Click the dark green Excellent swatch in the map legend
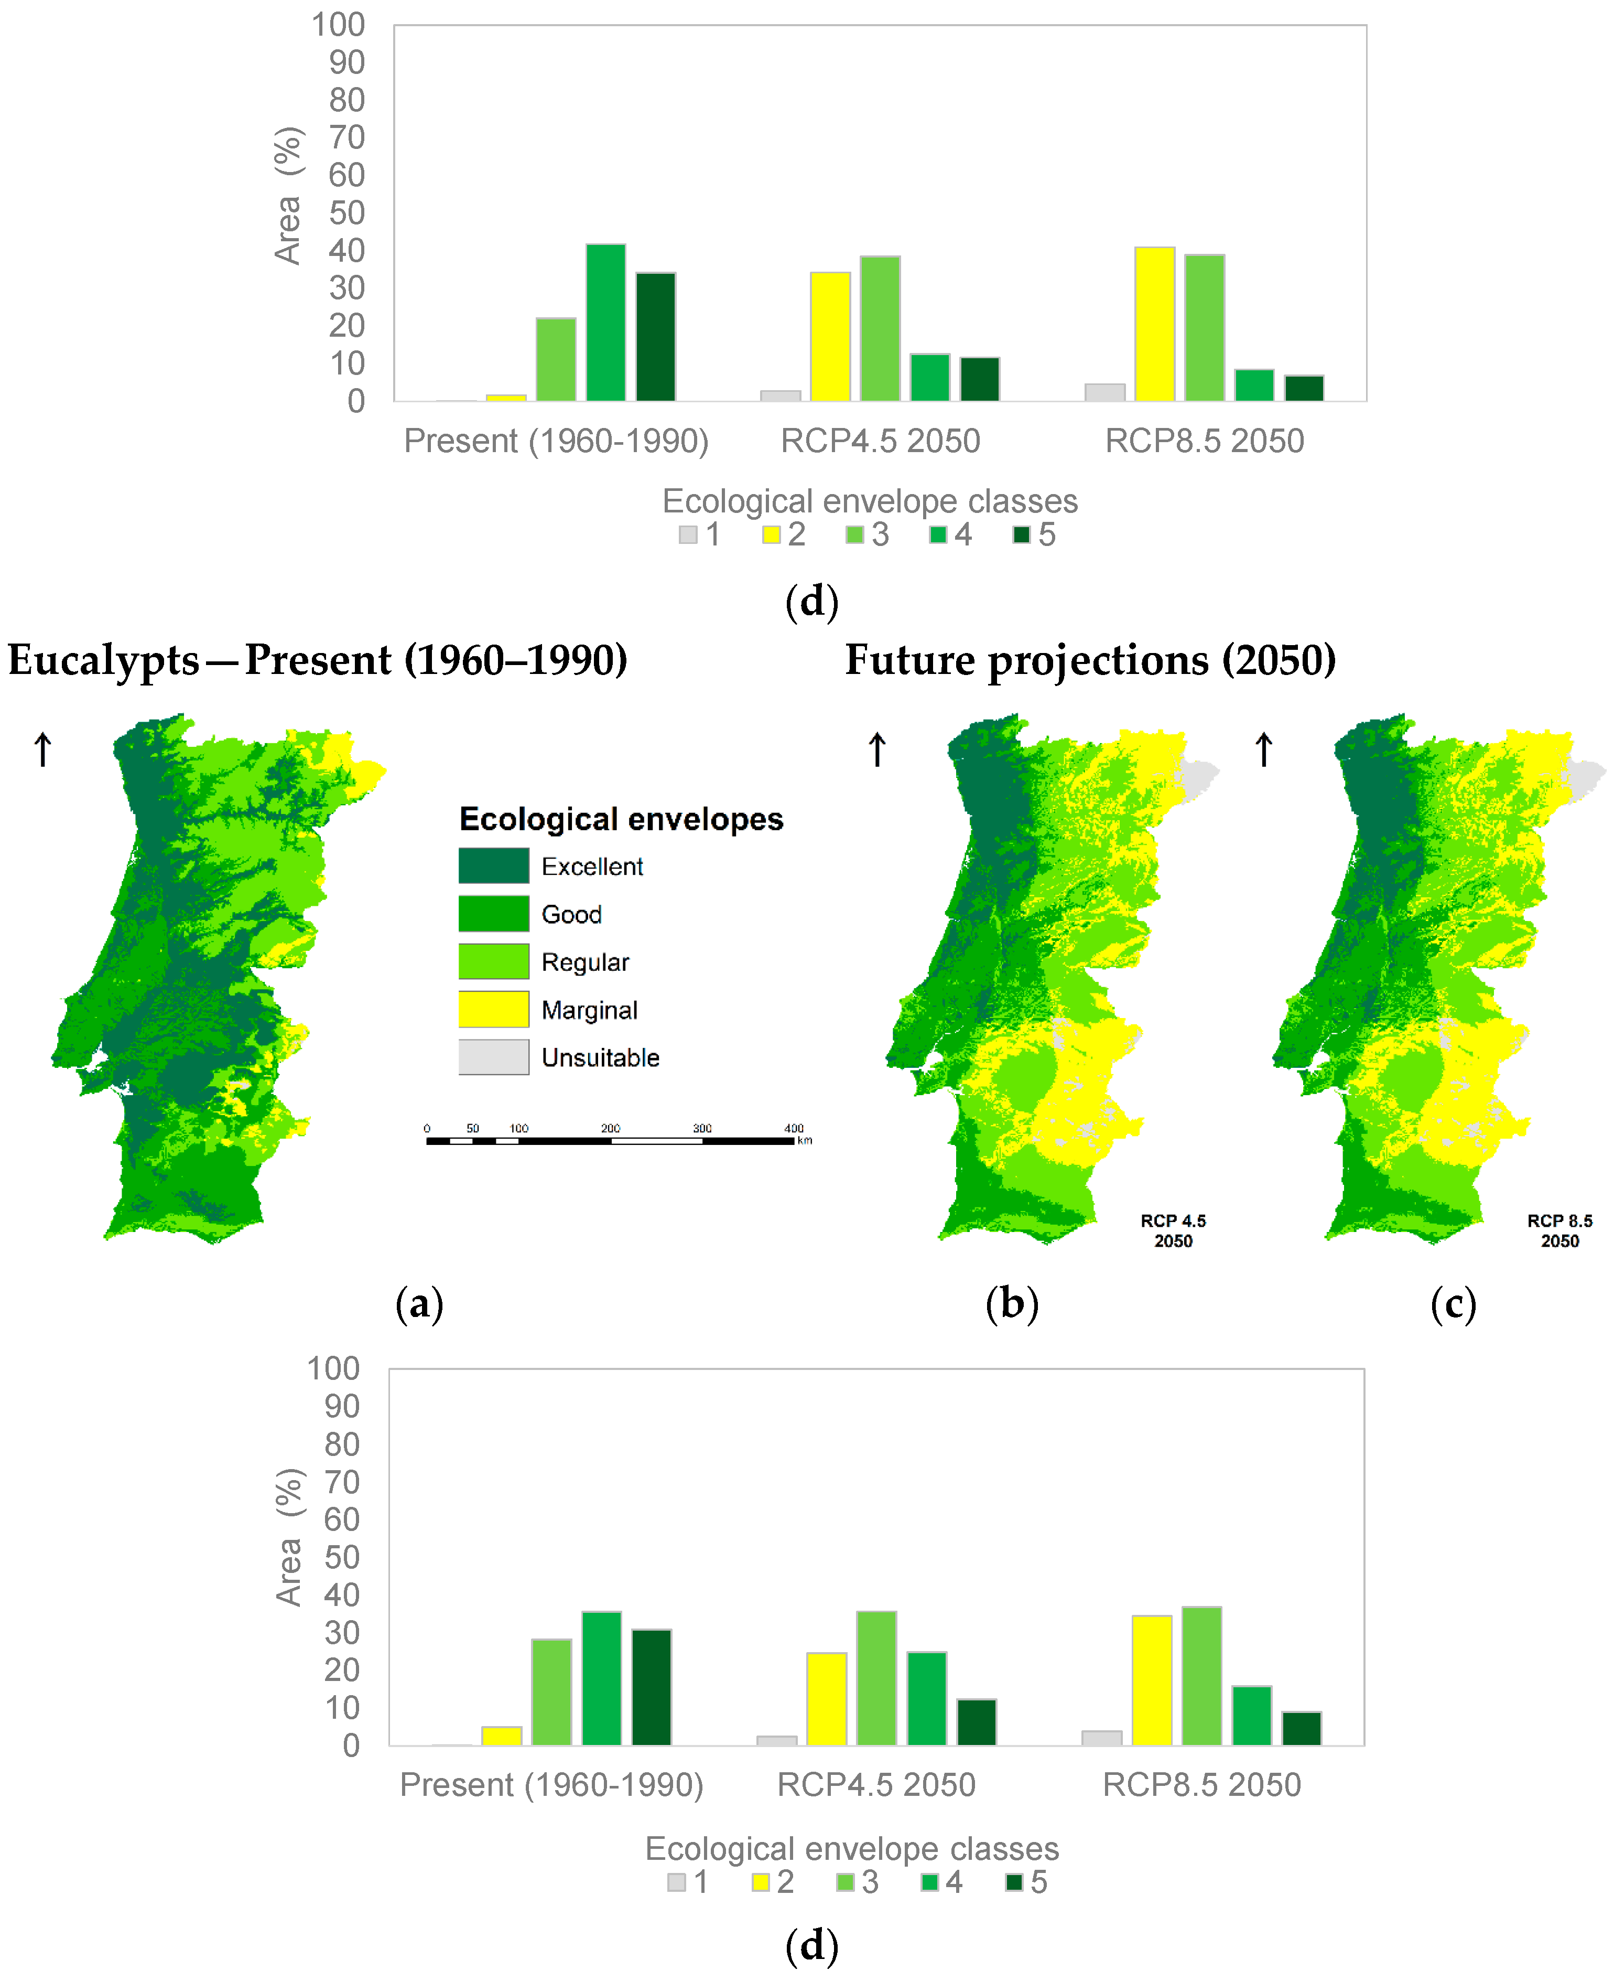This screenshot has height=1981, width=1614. click(x=494, y=866)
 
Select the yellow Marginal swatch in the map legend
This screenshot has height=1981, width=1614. click(x=494, y=1009)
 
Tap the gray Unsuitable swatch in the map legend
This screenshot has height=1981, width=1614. click(x=494, y=1057)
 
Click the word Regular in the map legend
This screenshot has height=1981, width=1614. click(x=585, y=962)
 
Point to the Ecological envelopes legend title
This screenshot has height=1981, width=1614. click(x=621, y=819)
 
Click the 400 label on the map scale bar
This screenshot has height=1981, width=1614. click(x=794, y=1128)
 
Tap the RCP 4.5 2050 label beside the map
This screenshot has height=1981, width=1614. click(x=1173, y=1230)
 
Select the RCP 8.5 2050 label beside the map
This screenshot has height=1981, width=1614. click(x=1559, y=1230)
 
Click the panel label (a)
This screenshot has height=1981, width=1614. click(x=419, y=1304)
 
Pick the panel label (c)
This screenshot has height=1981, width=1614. click(x=1453, y=1304)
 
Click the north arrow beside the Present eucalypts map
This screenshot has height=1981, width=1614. click(x=43, y=748)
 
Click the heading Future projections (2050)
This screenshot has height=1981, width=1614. click(x=1090, y=660)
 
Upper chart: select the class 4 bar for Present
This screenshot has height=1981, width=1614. click(x=606, y=323)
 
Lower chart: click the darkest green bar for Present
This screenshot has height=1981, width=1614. click(x=652, y=1687)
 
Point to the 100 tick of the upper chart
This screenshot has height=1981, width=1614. click(x=339, y=25)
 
